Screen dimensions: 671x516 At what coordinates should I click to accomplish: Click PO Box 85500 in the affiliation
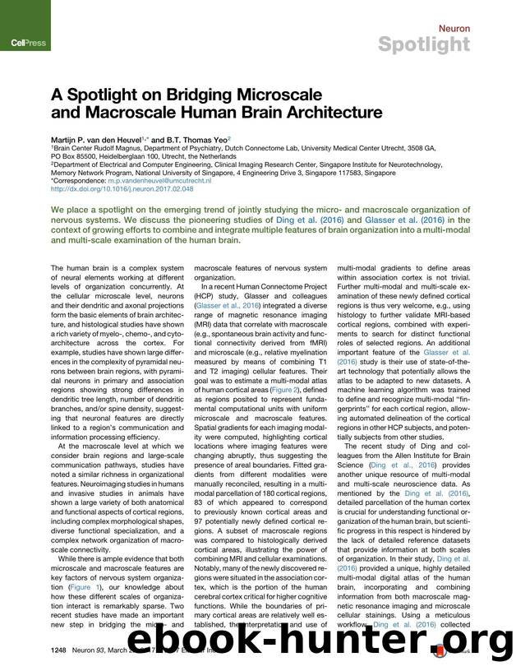click(x=81, y=155)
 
